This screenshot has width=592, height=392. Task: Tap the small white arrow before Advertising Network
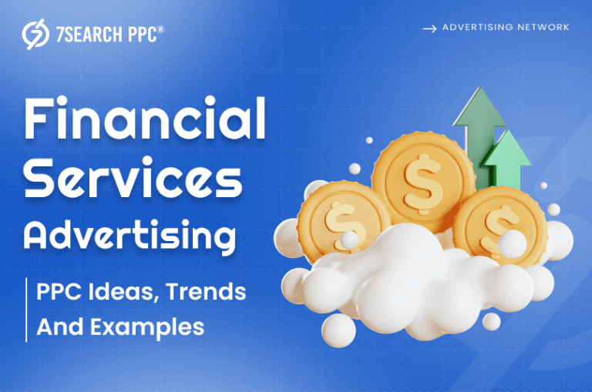(x=429, y=28)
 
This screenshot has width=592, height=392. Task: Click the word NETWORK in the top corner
(x=543, y=28)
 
